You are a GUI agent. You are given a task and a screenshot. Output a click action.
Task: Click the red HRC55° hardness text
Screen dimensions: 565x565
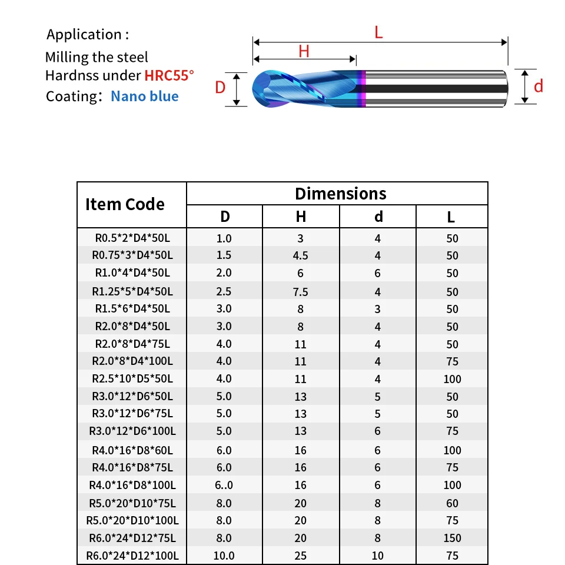click(x=169, y=76)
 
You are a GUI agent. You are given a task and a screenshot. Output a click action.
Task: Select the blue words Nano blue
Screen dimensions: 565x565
click(x=144, y=96)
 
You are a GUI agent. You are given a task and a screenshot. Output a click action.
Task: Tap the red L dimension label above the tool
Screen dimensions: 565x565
click(x=378, y=32)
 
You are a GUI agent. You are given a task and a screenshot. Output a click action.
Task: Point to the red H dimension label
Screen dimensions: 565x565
click(x=304, y=51)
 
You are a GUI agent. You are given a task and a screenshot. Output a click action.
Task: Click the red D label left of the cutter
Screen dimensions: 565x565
click(x=220, y=88)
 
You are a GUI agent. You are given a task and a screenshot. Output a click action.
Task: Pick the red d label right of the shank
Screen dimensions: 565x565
click(x=538, y=87)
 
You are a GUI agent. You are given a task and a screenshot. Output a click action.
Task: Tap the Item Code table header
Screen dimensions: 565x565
click(x=125, y=204)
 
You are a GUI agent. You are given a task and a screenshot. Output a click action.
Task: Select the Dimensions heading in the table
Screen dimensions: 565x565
click(x=341, y=194)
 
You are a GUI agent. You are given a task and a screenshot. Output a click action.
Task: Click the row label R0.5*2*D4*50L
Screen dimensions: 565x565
click(x=132, y=238)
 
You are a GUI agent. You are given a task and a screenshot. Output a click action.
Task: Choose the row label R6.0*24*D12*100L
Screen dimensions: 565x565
click(x=132, y=556)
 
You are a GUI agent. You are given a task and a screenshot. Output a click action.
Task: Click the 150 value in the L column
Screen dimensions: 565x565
click(x=452, y=538)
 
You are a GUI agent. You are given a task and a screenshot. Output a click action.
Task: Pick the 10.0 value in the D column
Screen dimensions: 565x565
click(x=224, y=556)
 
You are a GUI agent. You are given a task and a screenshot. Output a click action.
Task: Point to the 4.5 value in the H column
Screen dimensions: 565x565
click(x=301, y=255)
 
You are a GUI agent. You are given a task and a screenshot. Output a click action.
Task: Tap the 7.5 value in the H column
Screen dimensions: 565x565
click(x=301, y=291)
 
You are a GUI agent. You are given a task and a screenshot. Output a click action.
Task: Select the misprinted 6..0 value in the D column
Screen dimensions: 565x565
click(x=224, y=485)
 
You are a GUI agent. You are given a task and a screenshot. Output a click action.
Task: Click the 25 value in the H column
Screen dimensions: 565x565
click(x=301, y=556)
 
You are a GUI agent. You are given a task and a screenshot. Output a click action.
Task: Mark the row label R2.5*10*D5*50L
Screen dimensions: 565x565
click(x=132, y=378)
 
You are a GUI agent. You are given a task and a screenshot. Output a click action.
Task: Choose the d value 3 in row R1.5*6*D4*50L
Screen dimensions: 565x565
click(x=378, y=308)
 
